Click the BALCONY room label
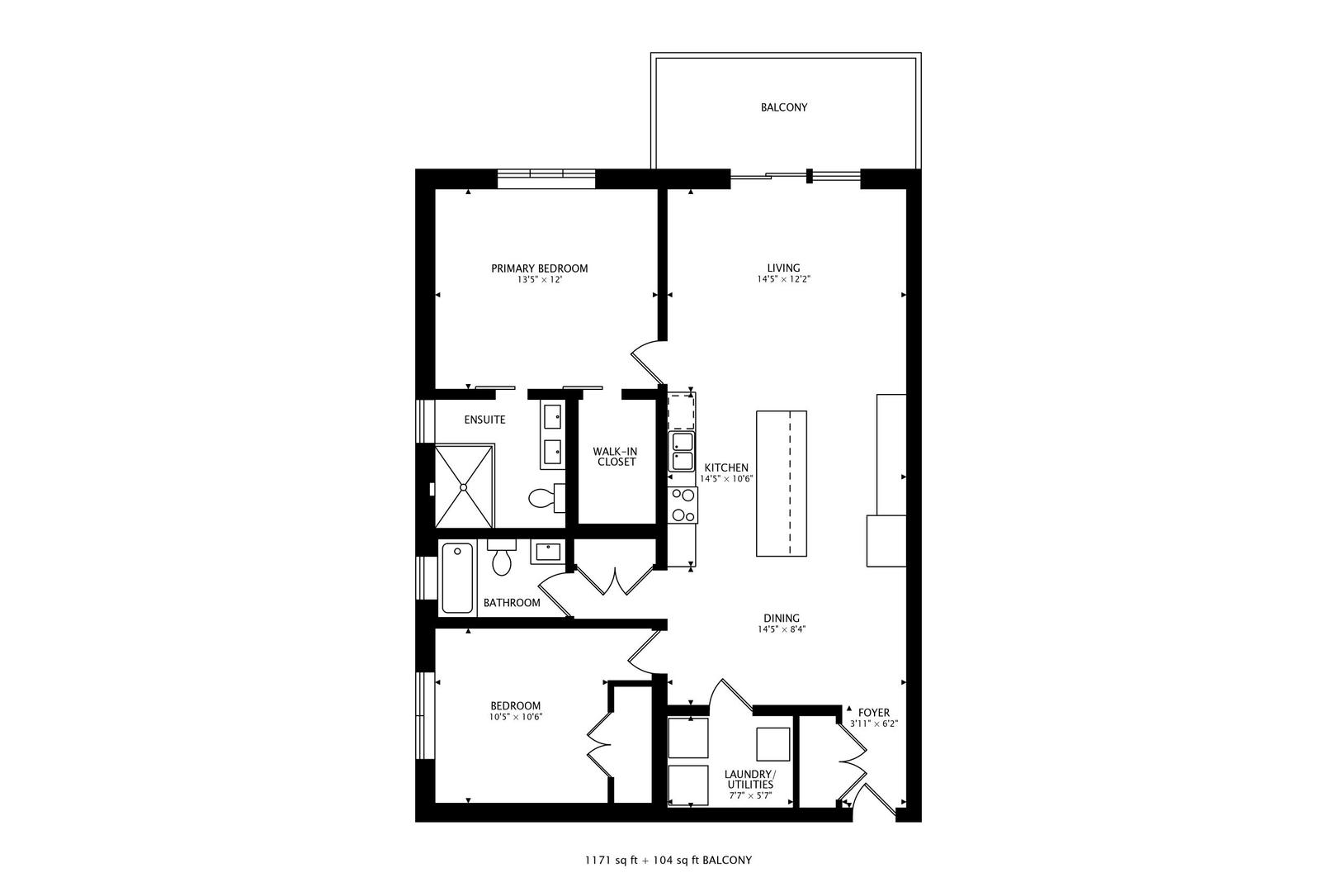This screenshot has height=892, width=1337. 783,107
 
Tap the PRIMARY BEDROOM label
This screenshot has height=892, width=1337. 539,268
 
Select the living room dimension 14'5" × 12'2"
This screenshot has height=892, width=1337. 783,280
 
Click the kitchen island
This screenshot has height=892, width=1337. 781,483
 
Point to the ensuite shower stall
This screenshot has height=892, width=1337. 464,486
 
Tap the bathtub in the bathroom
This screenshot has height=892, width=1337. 457,577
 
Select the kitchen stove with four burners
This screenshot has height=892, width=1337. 683,505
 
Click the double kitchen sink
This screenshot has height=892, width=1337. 682,452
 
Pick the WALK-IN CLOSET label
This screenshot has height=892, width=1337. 616,457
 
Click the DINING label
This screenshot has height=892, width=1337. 781,619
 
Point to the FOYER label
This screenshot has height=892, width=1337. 874,712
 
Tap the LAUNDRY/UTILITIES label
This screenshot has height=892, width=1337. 749,779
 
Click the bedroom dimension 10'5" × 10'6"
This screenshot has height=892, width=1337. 515,717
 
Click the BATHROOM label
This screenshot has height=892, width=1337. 512,603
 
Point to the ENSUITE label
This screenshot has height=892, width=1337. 484,420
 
